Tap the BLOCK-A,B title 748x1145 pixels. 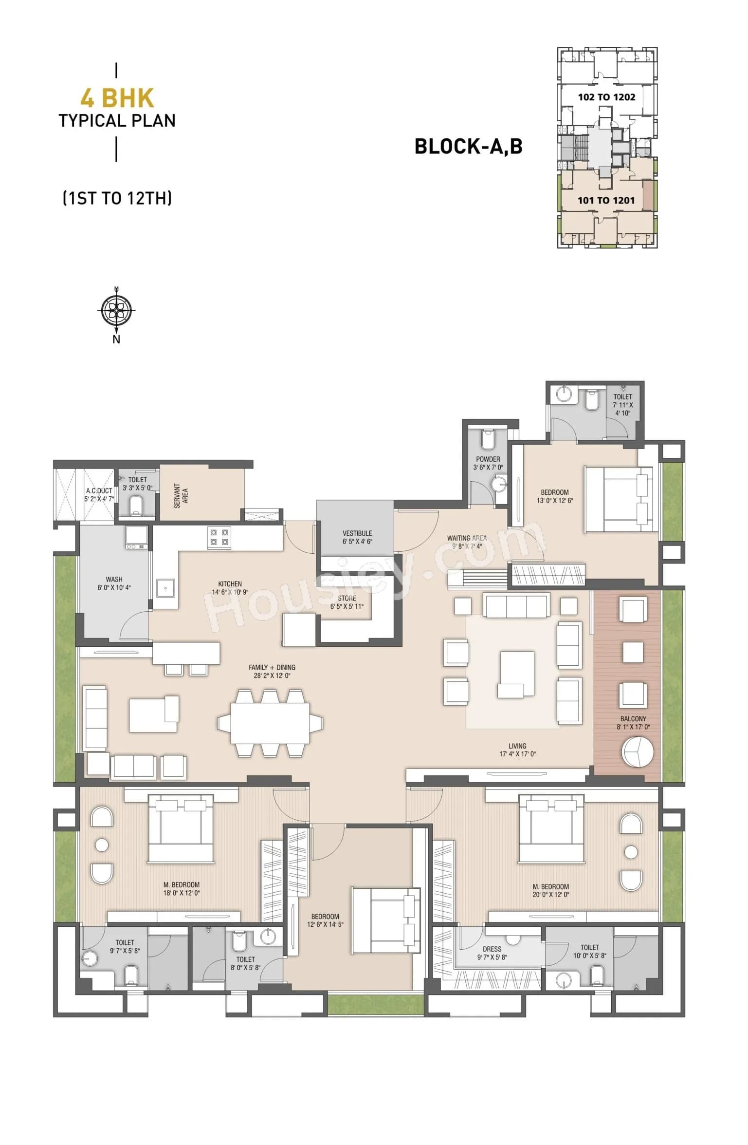pos(468,146)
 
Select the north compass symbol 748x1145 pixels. pos(116,310)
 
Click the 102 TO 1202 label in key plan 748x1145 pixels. pos(606,97)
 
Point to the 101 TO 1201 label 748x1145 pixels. pos(606,200)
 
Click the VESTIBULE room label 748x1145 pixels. pos(357,533)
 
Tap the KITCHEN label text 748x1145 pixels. pos(230,583)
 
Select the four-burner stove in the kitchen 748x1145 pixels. pos(219,537)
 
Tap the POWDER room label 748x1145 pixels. pos(488,459)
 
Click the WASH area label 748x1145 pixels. pos(114,579)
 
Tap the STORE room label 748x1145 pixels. pos(347,598)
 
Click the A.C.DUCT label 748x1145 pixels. pos(99,490)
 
